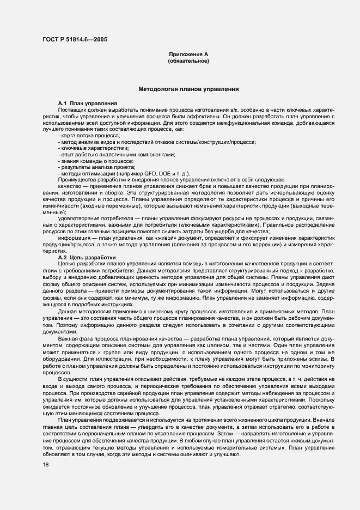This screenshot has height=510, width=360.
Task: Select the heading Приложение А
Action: click(188, 54)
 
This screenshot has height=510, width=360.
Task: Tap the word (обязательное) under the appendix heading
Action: click(188, 60)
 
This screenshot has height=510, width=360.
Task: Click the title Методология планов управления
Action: click(188, 88)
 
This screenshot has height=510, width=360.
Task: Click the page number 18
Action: click(45, 464)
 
